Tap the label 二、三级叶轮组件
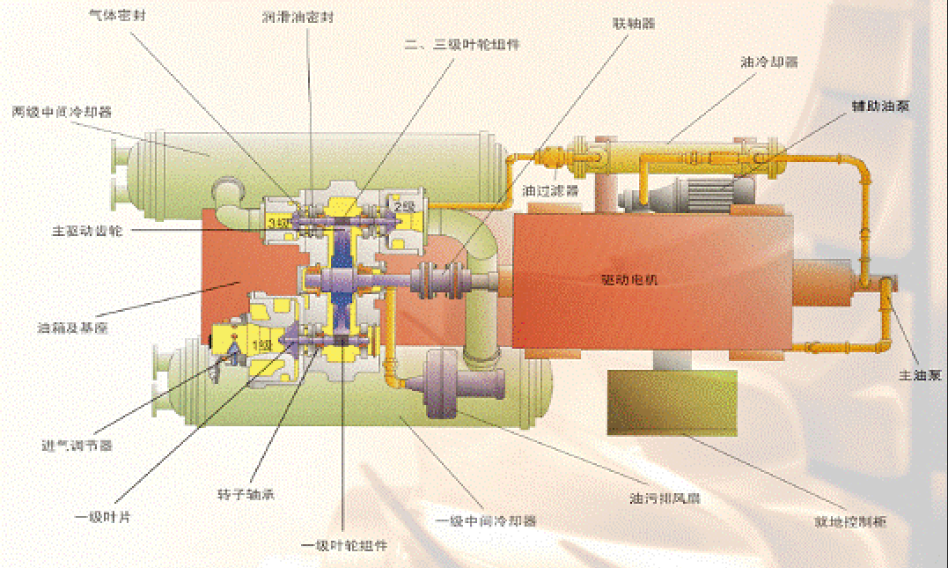click(459, 42)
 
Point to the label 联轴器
click(634, 19)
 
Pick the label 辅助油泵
click(879, 106)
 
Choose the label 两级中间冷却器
click(62, 112)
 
